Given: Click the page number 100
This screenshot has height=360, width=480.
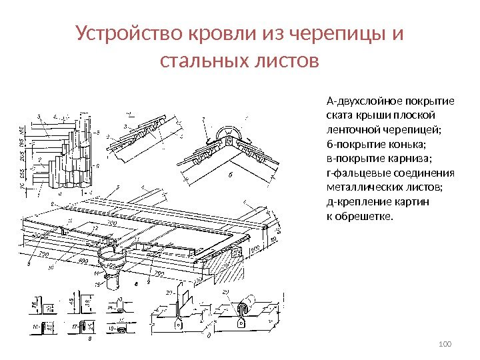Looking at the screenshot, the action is click(446, 344).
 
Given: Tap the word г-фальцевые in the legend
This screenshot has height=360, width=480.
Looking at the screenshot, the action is click(355, 173).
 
